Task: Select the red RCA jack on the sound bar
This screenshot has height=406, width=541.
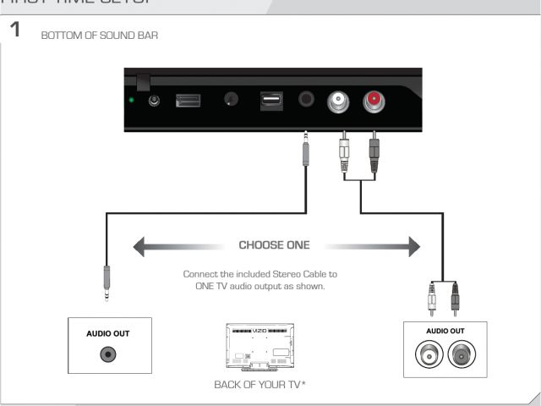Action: pos(372,101)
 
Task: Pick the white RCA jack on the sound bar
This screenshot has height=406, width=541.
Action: pos(336,101)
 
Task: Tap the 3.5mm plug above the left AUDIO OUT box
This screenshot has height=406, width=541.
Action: pos(106,284)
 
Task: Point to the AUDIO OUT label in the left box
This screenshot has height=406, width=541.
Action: pos(107,333)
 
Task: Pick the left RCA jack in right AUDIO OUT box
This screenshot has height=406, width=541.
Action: pos(428,355)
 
